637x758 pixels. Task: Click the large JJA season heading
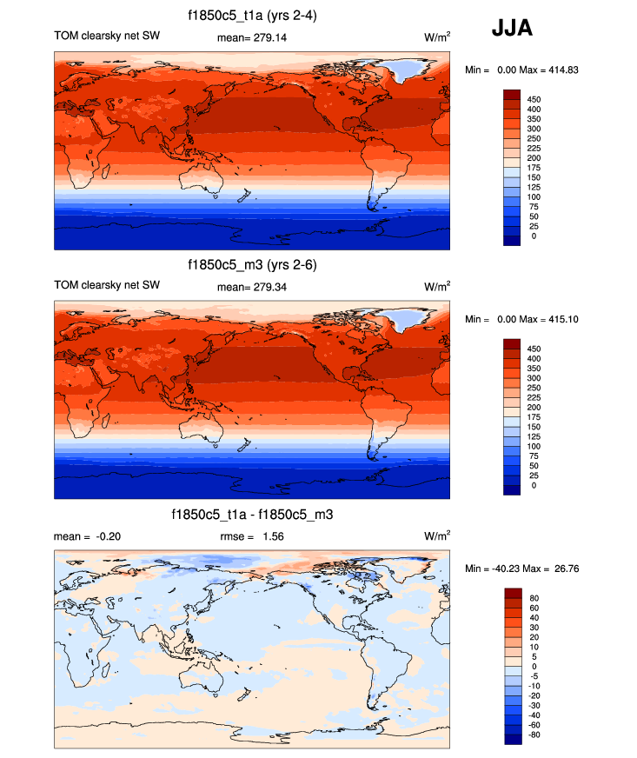pos(512,29)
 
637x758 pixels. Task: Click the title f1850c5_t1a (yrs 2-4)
pos(252,16)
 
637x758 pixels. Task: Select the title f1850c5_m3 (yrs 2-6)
pos(252,264)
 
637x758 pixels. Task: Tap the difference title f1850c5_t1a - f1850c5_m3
pos(252,515)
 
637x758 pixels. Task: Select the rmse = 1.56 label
pos(252,536)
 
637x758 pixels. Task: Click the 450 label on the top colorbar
pos(534,99)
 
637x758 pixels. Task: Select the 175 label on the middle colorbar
pos(534,417)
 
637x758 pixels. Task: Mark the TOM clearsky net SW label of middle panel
pos(107,285)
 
